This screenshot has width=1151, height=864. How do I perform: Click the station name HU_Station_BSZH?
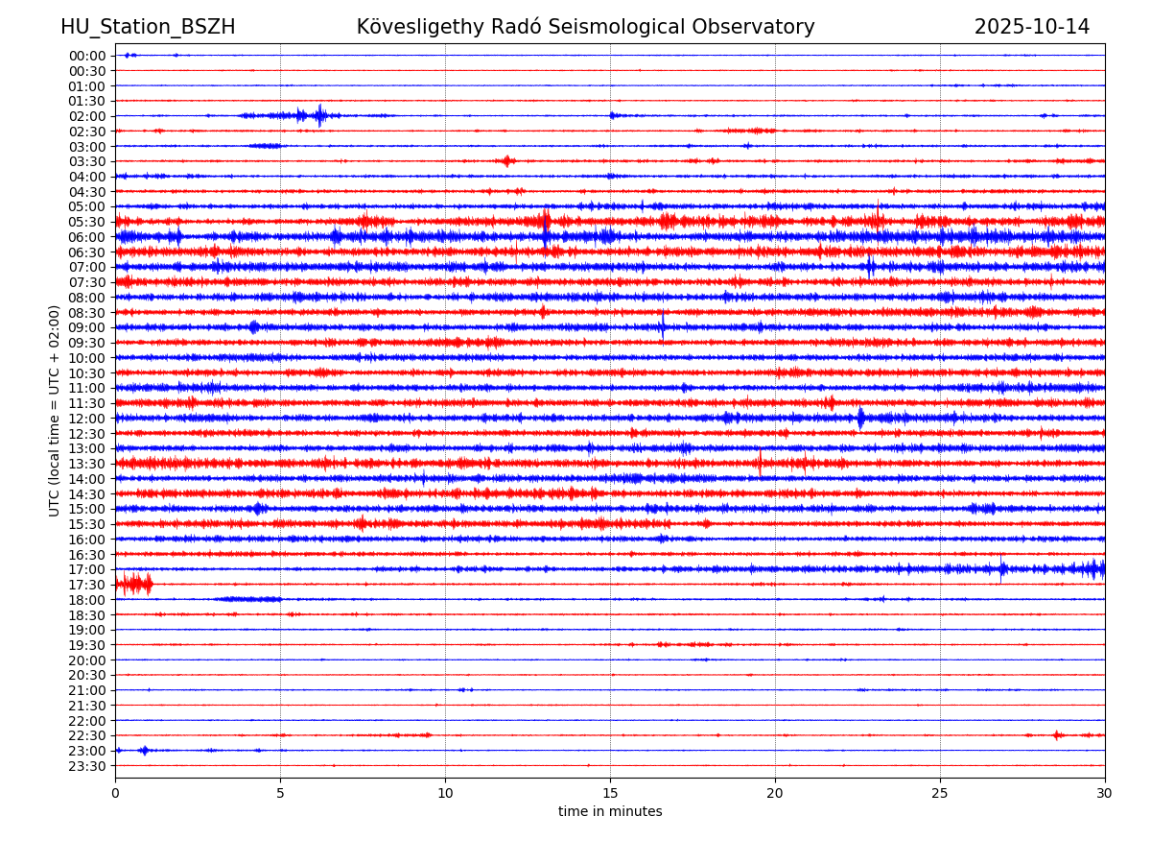pyautogui.click(x=148, y=27)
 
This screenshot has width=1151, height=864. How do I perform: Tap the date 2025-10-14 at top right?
pyautogui.click(x=1031, y=27)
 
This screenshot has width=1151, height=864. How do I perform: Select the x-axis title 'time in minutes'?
pyautogui.click(x=610, y=812)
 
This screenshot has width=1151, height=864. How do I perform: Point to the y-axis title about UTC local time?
pyautogui.click(x=55, y=411)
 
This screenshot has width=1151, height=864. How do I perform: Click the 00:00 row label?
pyautogui.click(x=86, y=56)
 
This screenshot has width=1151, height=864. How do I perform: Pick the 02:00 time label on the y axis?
pyautogui.click(x=86, y=116)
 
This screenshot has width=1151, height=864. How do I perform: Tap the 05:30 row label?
pyautogui.click(x=86, y=222)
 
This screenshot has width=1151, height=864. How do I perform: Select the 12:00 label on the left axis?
pyautogui.click(x=86, y=419)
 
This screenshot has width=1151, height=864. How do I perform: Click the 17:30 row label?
pyautogui.click(x=86, y=585)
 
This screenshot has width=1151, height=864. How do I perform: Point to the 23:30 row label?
pyautogui.click(x=86, y=766)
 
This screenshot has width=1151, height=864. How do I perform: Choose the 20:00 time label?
pyautogui.click(x=86, y=660)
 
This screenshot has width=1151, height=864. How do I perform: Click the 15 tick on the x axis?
pyautogui.click(x=610, y=793)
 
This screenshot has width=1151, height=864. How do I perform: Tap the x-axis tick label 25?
pyautogui.click(x=940, y=793)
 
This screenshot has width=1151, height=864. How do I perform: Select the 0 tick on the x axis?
pyautogui.click(x=115, y=793)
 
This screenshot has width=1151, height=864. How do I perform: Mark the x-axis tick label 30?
pyautogui.click(x=1105, y=793)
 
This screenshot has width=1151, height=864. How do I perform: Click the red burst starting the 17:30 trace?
pyautogui.click(x=133, y=584)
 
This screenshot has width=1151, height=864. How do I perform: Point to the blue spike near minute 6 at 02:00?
pyautogui.click(x=319, y=115)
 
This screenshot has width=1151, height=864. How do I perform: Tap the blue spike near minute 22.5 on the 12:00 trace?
pyautogui.click(x=860, y=418)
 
